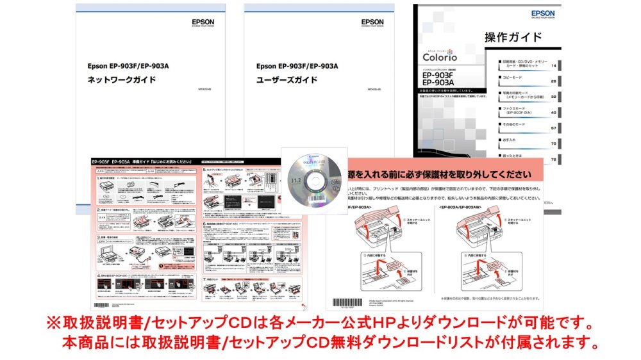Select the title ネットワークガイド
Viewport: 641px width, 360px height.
pos(121,80)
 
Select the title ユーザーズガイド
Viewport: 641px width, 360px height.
pos(287,80)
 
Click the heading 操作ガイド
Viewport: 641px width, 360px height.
pos(513,37)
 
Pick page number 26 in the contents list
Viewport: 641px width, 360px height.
pos(553,81)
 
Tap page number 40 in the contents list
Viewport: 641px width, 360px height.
pos(553,113)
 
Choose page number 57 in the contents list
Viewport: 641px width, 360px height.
pos(553,128)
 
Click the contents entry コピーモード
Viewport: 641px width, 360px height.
pos(513,77)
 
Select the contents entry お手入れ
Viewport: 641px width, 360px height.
pos(510,140)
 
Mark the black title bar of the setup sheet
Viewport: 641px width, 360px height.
pos(147,163)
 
